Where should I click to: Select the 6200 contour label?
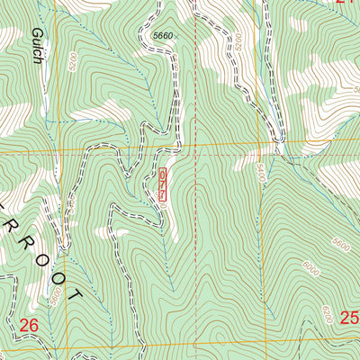tap(326, 316)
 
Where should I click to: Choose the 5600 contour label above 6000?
tap(338, 244)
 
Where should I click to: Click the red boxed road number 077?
tap(163, 184)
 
